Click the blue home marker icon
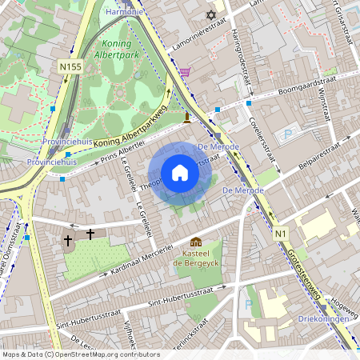point(180,173)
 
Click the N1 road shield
point(279,234)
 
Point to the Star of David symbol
point(211,15)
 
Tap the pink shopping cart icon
point(185,72)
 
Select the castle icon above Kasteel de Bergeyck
point(196,242)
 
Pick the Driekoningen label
point(326,318)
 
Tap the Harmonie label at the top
point(124,11)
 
